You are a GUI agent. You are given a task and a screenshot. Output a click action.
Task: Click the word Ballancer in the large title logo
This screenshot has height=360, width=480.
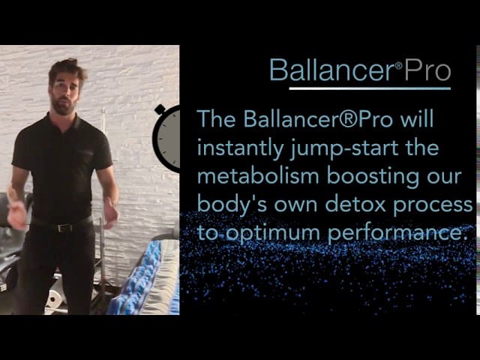(x=331, y=70)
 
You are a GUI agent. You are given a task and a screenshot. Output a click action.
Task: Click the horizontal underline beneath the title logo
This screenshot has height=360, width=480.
(x=370, y=88)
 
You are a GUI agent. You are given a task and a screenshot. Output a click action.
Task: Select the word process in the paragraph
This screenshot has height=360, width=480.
(x=433, y=205)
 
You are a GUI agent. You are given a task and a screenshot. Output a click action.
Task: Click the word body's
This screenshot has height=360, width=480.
(x=232, y=205)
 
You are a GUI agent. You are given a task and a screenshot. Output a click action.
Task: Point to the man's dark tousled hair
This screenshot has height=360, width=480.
(x=67, y=69)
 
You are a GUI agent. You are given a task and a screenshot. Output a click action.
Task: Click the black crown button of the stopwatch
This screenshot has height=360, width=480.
(x=160, y=109)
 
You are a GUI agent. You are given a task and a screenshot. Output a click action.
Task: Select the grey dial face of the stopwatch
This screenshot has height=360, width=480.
(x=169, y=139)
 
